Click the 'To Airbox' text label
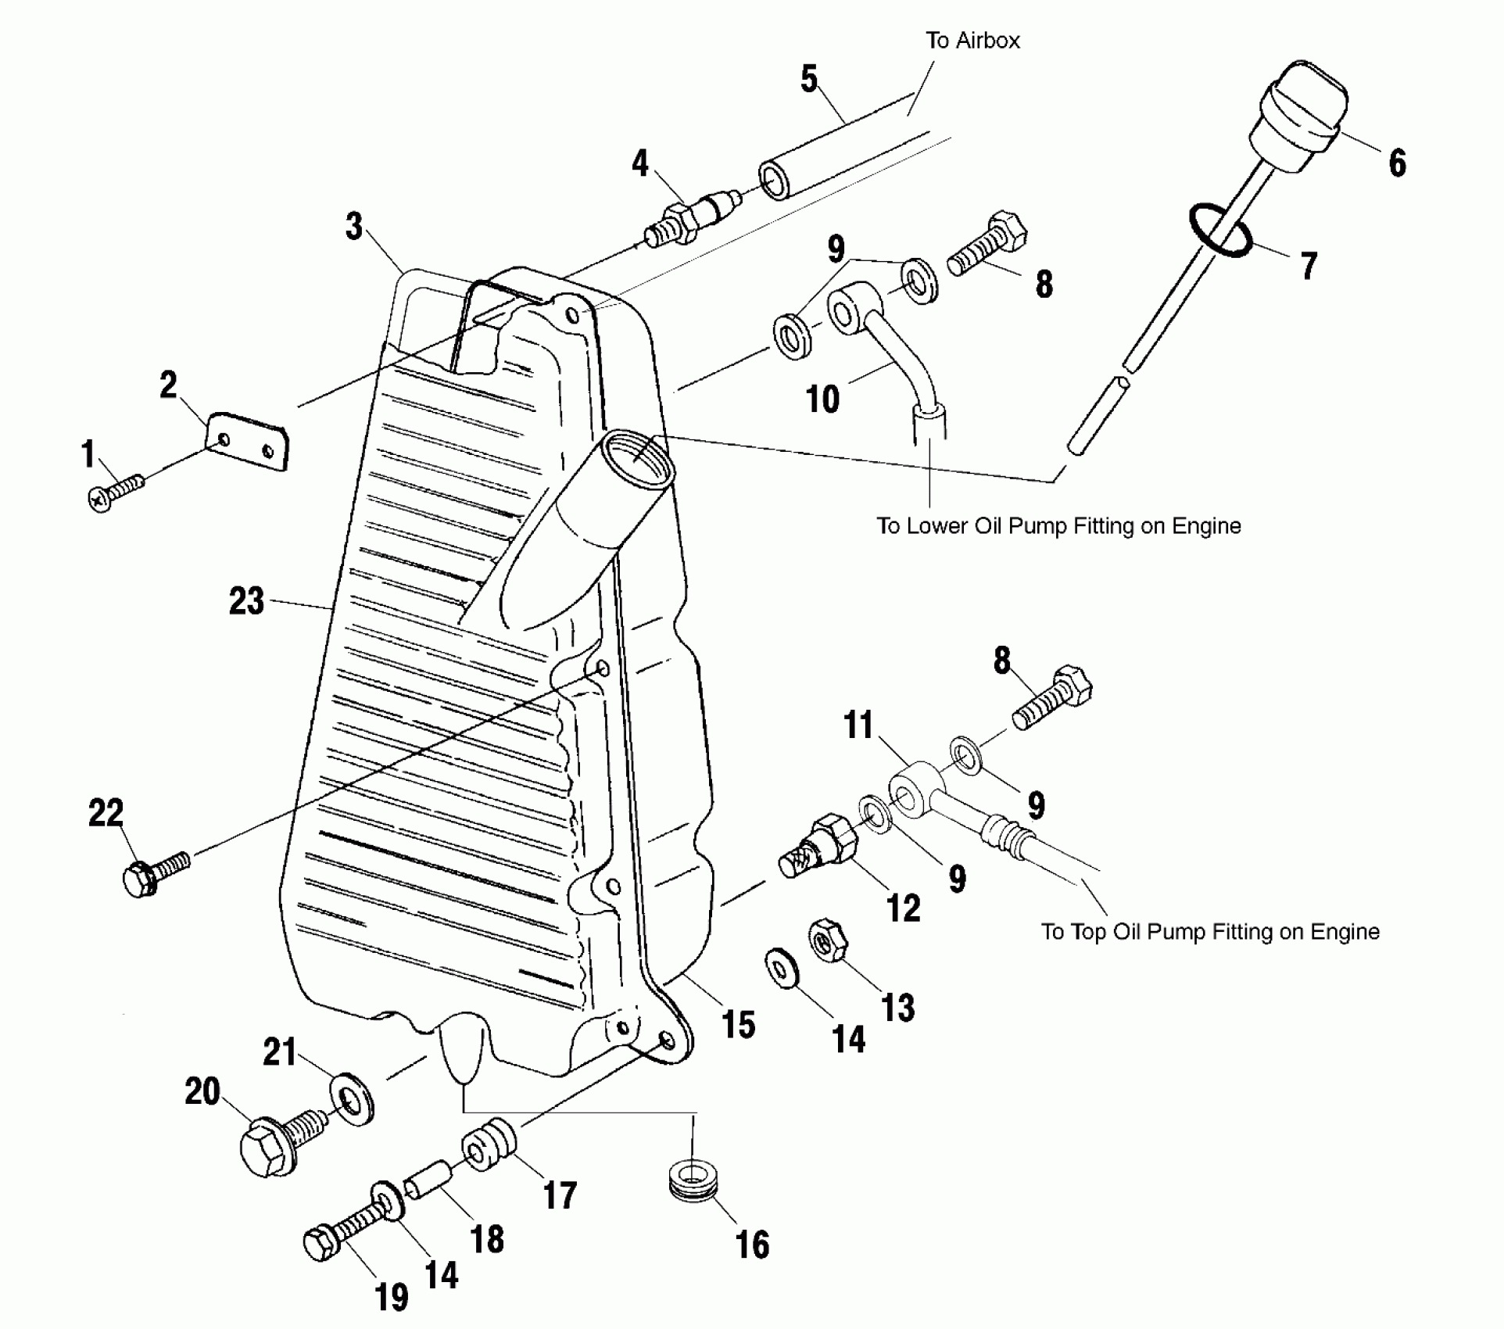972,41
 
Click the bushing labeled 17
489,1148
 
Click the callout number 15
739,1024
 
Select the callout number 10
822,399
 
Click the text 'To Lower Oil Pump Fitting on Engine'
1058,526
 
